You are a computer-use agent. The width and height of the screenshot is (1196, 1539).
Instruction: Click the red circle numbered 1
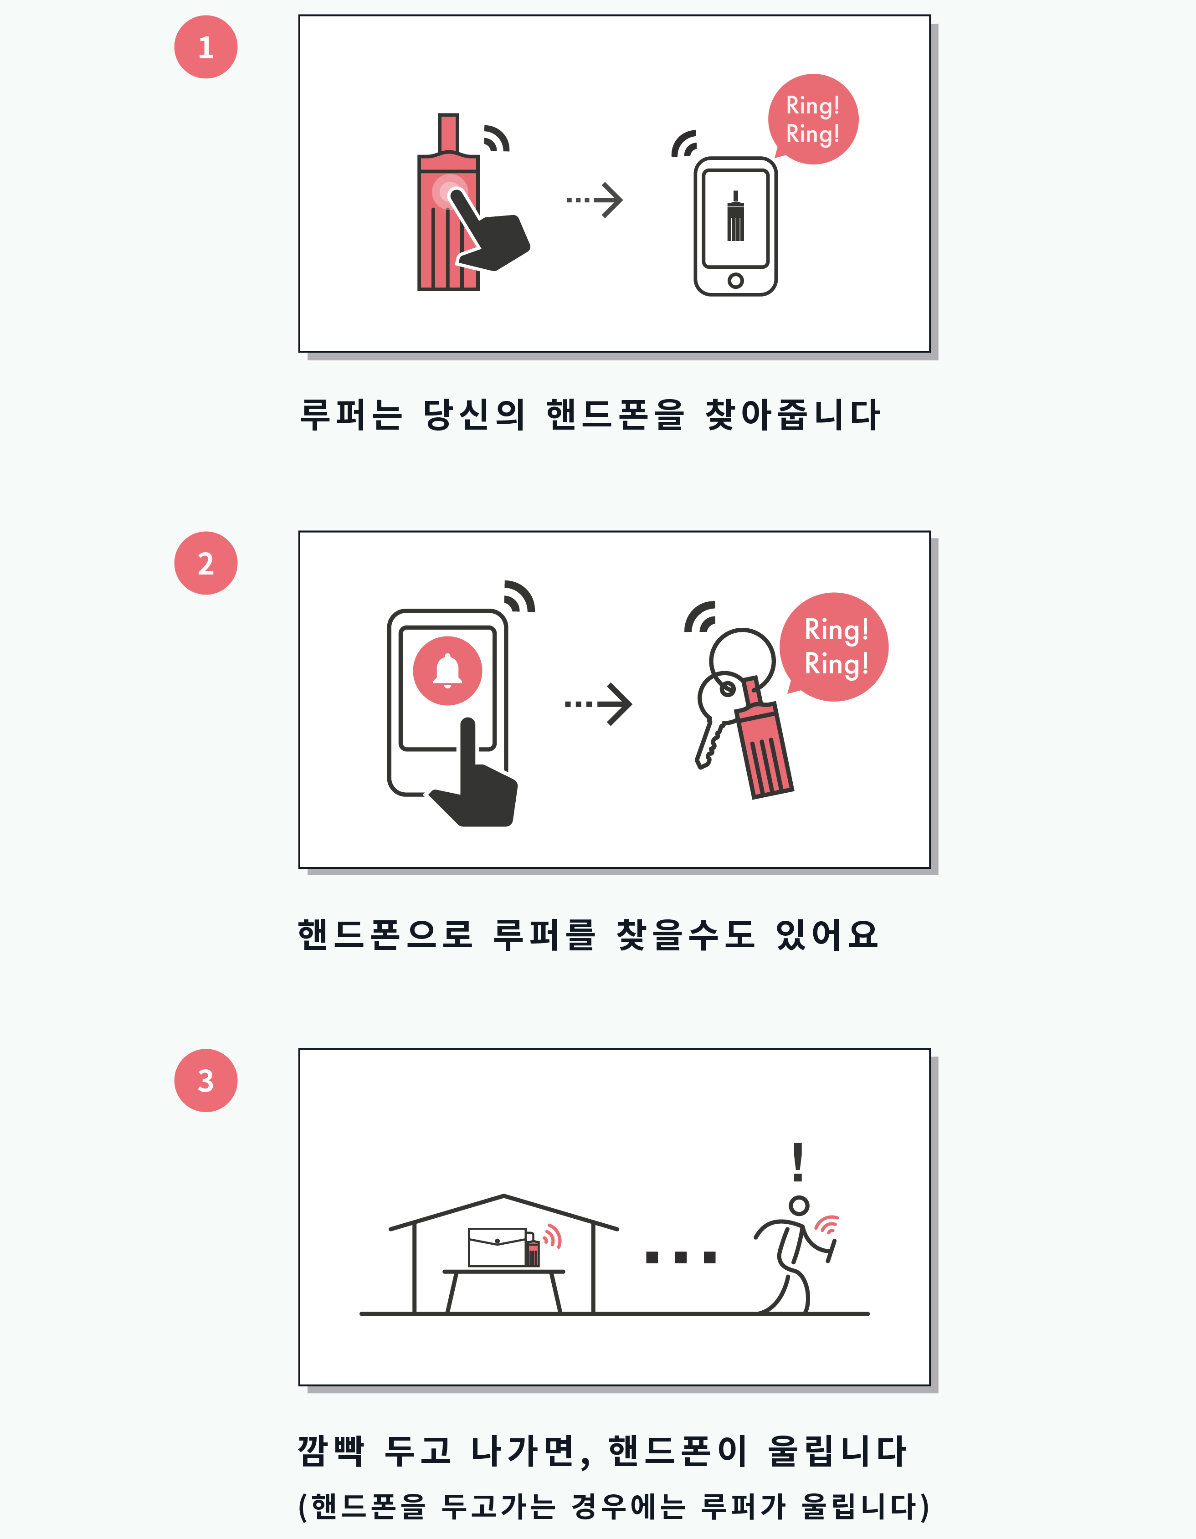[206, 47]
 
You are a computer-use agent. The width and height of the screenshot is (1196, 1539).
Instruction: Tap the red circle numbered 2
[206, 563]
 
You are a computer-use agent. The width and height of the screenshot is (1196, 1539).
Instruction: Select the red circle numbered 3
[206, 1080]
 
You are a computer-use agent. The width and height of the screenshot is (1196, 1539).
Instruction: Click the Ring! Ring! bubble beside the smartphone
[813, 119]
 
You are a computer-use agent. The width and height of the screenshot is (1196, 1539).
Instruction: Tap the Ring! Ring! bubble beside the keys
[834, 647]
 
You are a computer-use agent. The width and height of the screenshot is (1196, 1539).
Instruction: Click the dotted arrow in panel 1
[595, 200]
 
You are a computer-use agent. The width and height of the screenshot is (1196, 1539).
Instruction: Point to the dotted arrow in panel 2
[598, 704]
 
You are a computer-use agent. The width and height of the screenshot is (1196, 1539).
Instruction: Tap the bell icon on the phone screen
[447, 670]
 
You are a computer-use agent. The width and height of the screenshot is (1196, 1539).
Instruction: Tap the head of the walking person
[799, 1205]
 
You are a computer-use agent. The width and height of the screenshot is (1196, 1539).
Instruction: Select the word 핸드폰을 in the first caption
[615, 414]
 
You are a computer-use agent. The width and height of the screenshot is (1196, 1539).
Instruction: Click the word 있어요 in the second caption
[827, 935]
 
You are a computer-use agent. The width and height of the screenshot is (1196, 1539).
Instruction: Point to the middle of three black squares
[681, 1257]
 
